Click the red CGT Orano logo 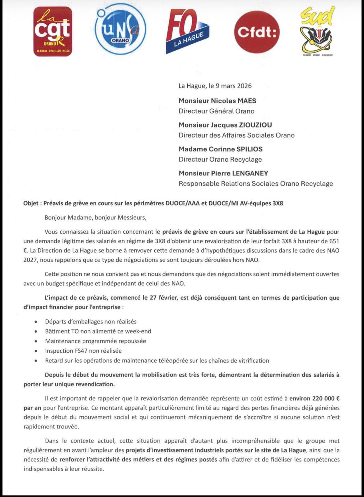click(53, 32)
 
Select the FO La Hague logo click(187, 31)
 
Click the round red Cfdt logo click(257, 31)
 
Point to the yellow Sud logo click(317, 31)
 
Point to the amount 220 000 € click(314, 398)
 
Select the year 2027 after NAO click(30, 260)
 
